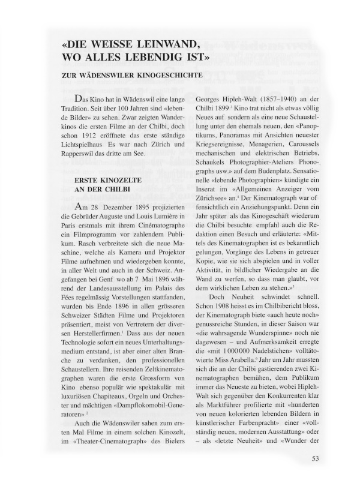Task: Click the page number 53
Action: pos(316,460)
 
